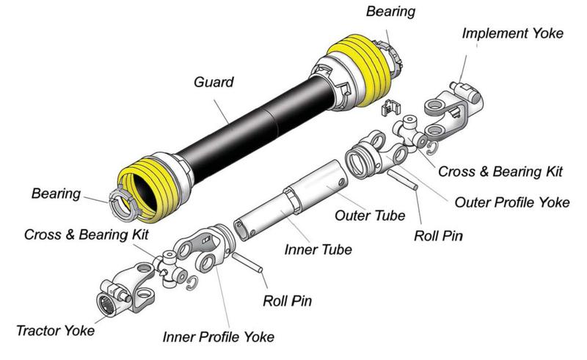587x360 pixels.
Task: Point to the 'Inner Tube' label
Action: (318, 249)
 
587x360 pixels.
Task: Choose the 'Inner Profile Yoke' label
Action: (219, 337)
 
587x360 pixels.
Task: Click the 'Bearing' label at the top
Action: (411, 12)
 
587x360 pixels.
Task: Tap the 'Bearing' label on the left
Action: (56, 194)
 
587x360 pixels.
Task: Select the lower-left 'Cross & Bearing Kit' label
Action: (86, 235)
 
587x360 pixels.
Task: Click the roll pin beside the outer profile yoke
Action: (401, 178)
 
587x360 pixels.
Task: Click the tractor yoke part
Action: (120, 290)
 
